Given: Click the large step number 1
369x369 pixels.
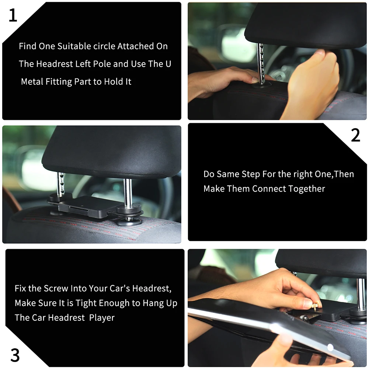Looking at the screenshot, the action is (x=13, y=15).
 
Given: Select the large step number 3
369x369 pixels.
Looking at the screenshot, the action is (x=15, y=355).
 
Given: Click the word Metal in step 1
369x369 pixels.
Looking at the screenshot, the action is (x=32, y=81).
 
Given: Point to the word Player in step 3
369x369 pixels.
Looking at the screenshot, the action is (x=102, y=318).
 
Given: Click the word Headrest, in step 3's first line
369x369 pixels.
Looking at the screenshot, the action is (x=152, y=289).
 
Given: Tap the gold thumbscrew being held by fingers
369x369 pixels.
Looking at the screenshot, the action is (x=314, y=306).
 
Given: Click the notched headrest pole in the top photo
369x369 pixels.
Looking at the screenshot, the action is (x=261, y=63).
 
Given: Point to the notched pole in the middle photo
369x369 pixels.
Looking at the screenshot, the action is (x=60, y=184).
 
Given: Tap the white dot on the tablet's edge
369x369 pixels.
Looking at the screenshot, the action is (x=330, y=347).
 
